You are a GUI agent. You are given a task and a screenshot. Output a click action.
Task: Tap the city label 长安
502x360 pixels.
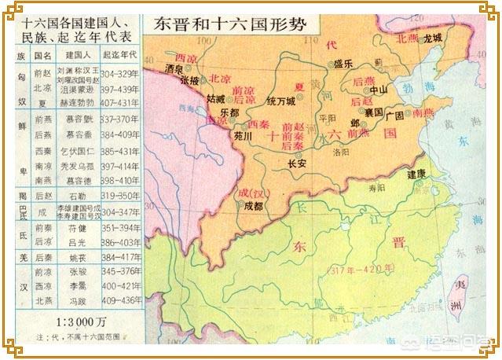297,164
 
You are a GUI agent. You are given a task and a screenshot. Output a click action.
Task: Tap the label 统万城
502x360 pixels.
281,101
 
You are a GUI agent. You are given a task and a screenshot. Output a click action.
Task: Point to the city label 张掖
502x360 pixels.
189,81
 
